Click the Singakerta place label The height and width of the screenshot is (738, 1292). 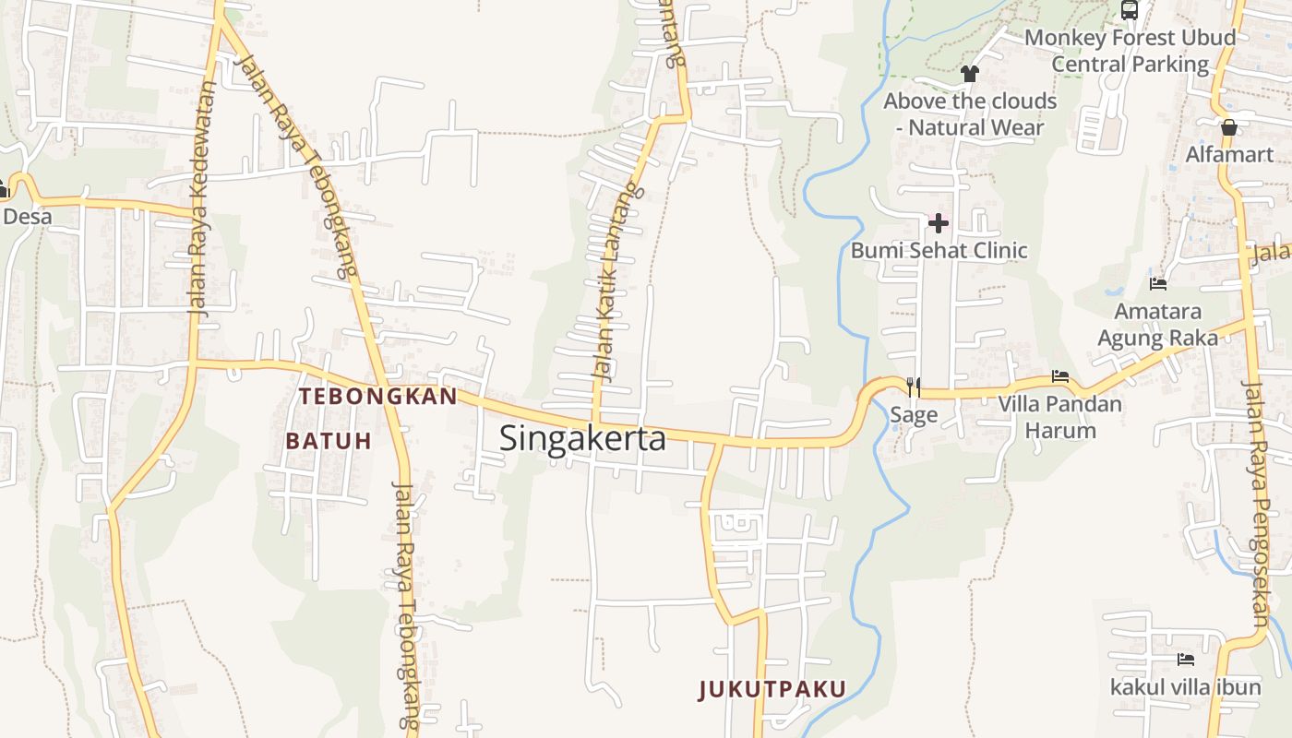coord(582,438)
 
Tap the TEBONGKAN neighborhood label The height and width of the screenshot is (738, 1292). coord(378,397)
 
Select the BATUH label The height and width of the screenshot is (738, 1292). coord(329,441)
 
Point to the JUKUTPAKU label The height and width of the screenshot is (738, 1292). coord(772,689)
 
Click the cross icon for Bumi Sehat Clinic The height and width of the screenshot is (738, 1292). coord(939,223)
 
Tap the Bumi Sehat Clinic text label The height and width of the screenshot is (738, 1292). coord(939,250)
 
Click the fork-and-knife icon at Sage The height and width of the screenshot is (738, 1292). coord(914,387)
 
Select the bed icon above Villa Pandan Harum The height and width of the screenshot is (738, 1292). coord(1060,376)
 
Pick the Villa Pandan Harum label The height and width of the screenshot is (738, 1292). coord(1059,417)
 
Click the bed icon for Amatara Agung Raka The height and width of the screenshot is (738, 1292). coord(1158,283)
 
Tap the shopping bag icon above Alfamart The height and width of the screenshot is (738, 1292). coord(1228,127)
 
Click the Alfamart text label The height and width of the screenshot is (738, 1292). coord(1228,154)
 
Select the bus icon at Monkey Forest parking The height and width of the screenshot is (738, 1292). coord(1130,10)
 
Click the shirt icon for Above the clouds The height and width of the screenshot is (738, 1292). coord(969,73)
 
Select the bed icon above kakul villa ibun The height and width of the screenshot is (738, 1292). coord(1186,660)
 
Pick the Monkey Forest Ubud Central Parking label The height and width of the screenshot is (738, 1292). coord(1130,51)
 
